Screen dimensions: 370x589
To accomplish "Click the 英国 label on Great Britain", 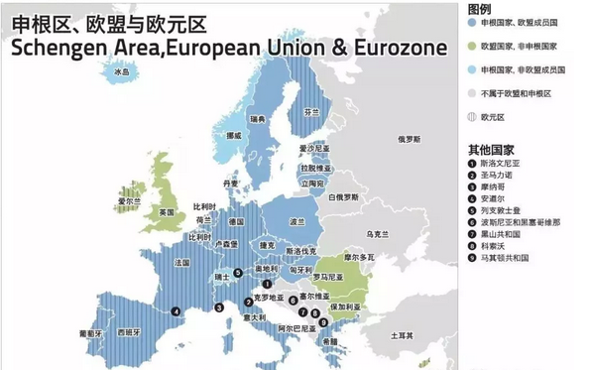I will pyautogui.click(x=167, y=212).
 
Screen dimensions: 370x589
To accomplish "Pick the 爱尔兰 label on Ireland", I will pyautogui.click(x=124, y=201).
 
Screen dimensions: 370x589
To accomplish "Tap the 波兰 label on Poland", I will pyautogui.click(x=296, y=221).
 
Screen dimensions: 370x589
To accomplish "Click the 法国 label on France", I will pyautogui.click(x=181, y=263).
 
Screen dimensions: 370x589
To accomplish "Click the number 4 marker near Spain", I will pyautogui.click(x=176, y=310).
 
